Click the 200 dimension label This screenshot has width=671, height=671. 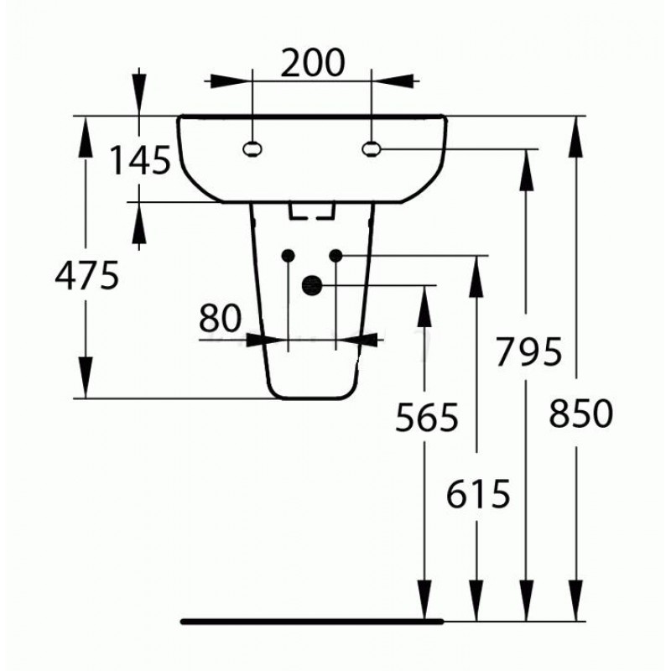(x=312, y=63)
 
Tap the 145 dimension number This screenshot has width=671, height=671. (x=140, y=160)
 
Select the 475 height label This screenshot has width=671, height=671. (x=87, y=276)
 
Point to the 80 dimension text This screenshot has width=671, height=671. (x=221, y=319)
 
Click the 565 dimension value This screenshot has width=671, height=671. (x=427, y=417)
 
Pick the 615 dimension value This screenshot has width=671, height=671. (x=478, y=494)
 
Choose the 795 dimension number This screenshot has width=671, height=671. (x=528, y=351)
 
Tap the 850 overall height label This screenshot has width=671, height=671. (x=580, y=414)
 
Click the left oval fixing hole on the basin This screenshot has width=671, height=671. (x=252, y=149)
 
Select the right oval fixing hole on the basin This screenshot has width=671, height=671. (x=371, y=149)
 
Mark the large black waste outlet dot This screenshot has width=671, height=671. (x=311, y=285)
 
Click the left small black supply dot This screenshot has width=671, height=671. (x=288, y=256)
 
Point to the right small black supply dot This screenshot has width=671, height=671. (x=336, y=256)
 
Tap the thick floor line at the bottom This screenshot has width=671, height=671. (x=312, y=622)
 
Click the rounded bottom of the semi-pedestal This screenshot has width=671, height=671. (x=312, y=398)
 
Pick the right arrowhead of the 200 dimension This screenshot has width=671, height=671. (x=393, y=81)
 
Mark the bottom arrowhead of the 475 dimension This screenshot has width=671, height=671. (x=86, y=377)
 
